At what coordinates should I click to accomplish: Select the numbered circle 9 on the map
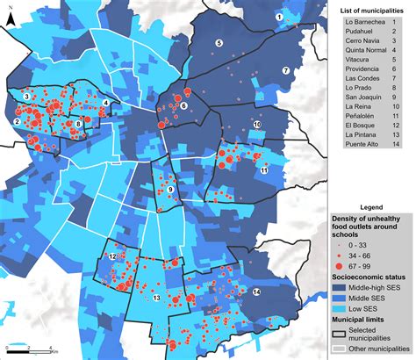coord(169,190)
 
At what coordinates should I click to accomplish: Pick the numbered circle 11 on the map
coord(263,170)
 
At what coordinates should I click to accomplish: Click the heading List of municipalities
coord(370,10)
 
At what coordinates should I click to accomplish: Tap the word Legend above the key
coord(370,205)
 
